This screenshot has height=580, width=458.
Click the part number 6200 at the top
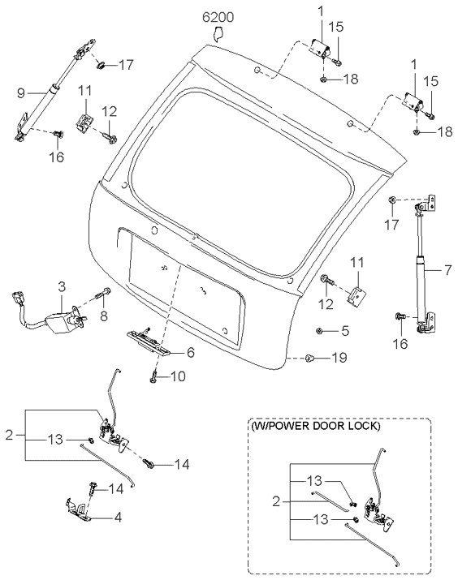(217, 16)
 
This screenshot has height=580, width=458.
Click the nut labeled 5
(322, 330)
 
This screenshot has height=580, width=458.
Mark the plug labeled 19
(311, 357)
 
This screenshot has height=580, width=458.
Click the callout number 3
(62, 286)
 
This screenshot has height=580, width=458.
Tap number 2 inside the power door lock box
(278, 501)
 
